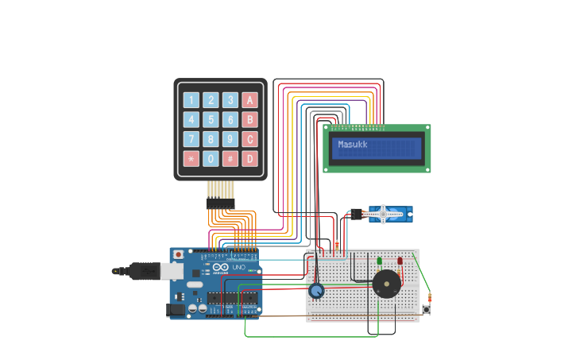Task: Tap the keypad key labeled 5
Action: [x=211, y=120]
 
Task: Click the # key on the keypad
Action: [x=230, y=159]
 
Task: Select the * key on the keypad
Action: [x=191, y=159]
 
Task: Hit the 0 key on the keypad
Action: [x=211, y=159]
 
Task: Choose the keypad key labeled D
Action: [x=250, y=159]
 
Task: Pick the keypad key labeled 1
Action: [x=191, y=100]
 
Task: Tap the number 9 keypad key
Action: [x=230, y=139]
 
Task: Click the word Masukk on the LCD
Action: [x=354, y=145]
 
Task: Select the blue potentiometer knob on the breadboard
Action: [x=316, y=291]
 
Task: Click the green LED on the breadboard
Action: [x=379, y=261]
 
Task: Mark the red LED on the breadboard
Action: [x=400, y=261]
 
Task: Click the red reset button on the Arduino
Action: [x=178, y=254]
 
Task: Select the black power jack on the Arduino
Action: [x=176, y=309]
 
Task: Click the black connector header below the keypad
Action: [x=220, y=203]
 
